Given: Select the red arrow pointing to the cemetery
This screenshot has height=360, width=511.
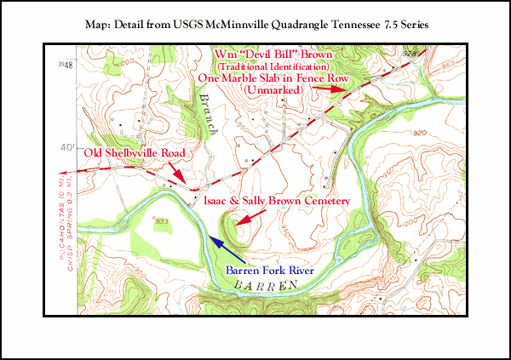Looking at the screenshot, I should (244, 220).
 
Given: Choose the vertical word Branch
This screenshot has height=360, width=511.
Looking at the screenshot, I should (207, 113).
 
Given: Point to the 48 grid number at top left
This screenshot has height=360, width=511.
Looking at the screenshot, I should (61, 63).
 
